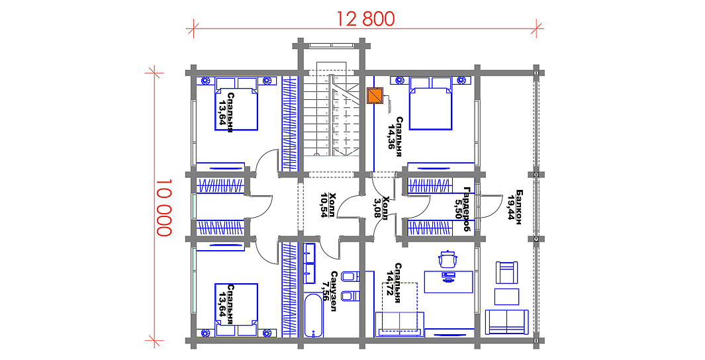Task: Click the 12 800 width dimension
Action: click(x=366, y=19)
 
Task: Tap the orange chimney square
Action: click(x=375, y=96)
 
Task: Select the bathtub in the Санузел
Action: click(x=313, y=316)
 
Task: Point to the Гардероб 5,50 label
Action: click(x=463, y=209)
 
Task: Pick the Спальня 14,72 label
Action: click(x=393, y=283)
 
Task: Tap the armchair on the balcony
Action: click(x=507, y=272)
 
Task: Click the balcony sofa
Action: click(x=507, y=322)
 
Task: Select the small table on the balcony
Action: click(x=506, y=296)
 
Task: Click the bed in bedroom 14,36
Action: click(x=430, y=103)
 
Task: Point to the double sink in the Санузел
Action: click(x=309, y=263)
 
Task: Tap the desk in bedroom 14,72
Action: click(x=449, y=281)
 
